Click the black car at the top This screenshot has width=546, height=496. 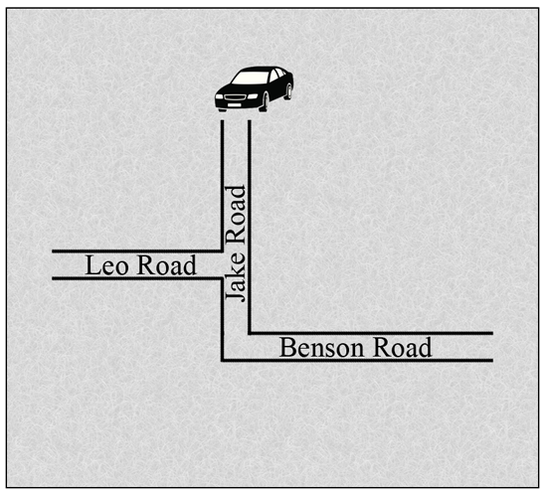tap(254, 89)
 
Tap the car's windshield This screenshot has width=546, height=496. tap(250, 78)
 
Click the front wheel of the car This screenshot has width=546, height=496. tap(264, 101)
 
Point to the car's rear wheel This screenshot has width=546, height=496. tap(288, 91)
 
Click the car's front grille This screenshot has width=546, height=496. tap(236, 96)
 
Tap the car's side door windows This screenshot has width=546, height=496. tap(277, 75)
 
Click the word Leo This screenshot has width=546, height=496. tap(106, 265)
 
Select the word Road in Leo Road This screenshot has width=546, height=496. tap(167, 265)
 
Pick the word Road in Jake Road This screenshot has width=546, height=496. tap(236, 216)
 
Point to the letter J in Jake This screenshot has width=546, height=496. tap(236, 295)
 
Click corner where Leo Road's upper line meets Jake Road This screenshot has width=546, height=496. tap(222, 250)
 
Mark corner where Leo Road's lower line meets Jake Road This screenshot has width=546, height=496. tap(222, 278)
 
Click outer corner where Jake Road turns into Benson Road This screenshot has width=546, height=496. tap(222, 360)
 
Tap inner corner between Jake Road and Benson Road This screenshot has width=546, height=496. tap(250, 333)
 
